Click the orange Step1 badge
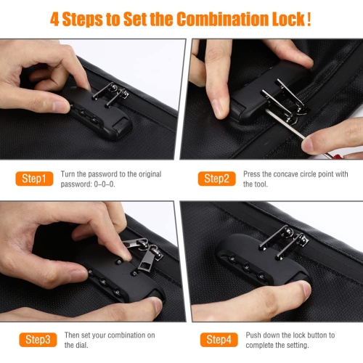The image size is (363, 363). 34,179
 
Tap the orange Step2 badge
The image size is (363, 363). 216,179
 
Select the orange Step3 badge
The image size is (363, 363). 38,340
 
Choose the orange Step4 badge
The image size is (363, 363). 219,340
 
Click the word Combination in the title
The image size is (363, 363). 222,19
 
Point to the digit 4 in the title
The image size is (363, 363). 54,19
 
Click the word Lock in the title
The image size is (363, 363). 288,19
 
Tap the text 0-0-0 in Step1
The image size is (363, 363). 105,184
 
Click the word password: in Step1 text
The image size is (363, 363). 76,184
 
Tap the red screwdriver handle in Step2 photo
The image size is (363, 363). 336,155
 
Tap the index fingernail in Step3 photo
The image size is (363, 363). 126,255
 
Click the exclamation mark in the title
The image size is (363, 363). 309,19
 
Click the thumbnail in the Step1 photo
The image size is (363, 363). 60,107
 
